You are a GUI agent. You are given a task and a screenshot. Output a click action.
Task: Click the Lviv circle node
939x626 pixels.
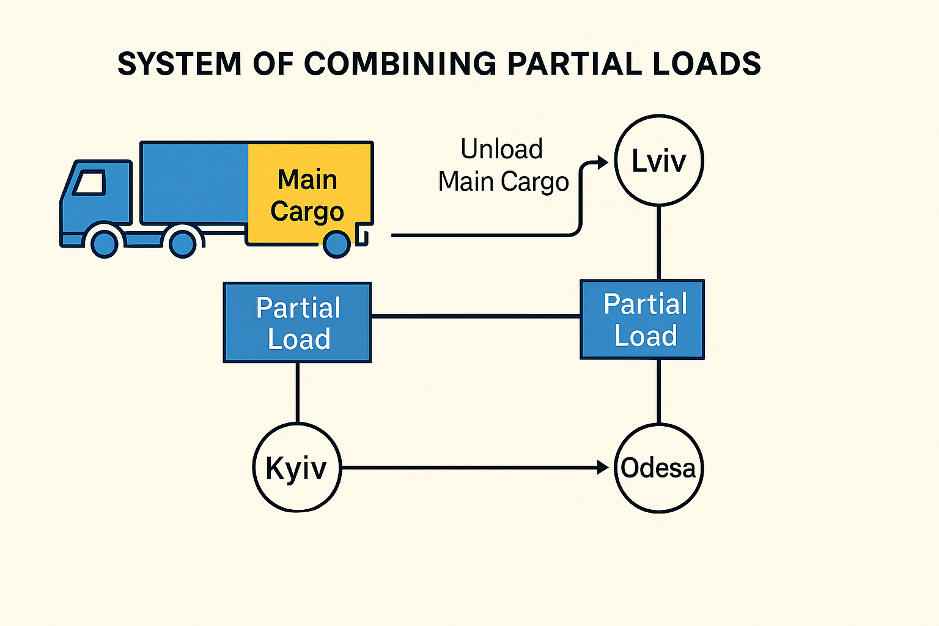[659, 160]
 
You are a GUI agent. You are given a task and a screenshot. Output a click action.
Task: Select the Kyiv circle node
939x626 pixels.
[297, 468]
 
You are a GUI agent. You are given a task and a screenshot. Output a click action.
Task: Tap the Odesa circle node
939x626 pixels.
[659, 468]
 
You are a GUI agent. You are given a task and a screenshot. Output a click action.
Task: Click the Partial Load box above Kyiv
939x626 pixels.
[298, 323]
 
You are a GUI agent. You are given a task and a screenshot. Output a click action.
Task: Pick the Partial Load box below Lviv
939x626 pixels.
[643, 320]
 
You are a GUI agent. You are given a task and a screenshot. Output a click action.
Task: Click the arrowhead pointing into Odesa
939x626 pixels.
[603, 468]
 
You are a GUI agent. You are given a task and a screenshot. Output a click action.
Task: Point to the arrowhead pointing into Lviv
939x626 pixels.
[603, 162]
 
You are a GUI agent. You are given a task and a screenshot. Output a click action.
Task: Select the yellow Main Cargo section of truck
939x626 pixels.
[309, 194]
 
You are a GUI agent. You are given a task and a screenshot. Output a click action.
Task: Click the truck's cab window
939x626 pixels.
[90, 182]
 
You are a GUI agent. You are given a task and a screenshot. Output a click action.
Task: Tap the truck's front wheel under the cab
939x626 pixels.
[104, 244]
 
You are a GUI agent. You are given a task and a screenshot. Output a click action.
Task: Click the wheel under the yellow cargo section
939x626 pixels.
[336, 244]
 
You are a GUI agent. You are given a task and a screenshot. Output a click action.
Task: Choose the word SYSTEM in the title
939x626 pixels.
[180, 64]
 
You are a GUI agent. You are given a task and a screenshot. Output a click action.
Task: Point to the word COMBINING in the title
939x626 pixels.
[400, 64]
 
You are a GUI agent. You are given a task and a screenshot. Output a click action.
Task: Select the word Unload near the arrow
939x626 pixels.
[502, 149]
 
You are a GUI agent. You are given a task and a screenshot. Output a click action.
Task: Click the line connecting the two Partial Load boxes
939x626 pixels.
[476, 316]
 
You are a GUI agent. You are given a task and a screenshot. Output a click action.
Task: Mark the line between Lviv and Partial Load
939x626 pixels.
[659, 243]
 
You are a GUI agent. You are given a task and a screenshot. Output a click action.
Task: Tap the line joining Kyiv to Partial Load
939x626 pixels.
[298, 392]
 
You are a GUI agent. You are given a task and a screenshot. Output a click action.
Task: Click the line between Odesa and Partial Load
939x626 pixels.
[659, 391]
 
